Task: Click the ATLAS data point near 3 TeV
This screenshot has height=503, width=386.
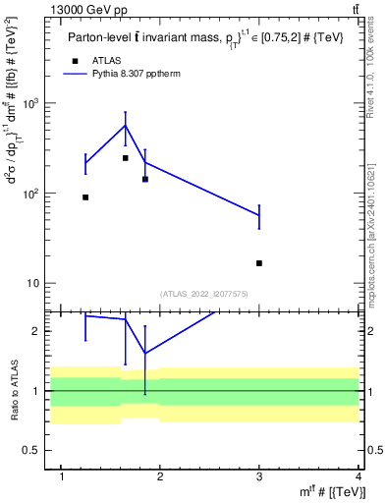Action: coord(259,263)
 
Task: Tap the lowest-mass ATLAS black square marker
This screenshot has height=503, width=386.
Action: coord(85,197)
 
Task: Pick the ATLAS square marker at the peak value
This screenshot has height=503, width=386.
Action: coord(126,158)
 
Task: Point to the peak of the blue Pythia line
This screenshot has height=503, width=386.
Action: coord(126,125)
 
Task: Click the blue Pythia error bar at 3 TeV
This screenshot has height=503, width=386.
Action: coord(259,215)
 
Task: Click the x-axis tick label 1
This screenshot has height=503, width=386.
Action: coord(63,477)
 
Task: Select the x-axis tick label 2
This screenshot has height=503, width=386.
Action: coord(162,477)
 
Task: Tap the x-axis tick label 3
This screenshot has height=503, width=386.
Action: coord(260,477)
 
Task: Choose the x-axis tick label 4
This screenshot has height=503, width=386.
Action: coord(359,477)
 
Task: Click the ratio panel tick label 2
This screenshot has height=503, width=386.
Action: coord(35,332)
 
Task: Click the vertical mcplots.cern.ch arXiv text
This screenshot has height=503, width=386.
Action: coord(373,227)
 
